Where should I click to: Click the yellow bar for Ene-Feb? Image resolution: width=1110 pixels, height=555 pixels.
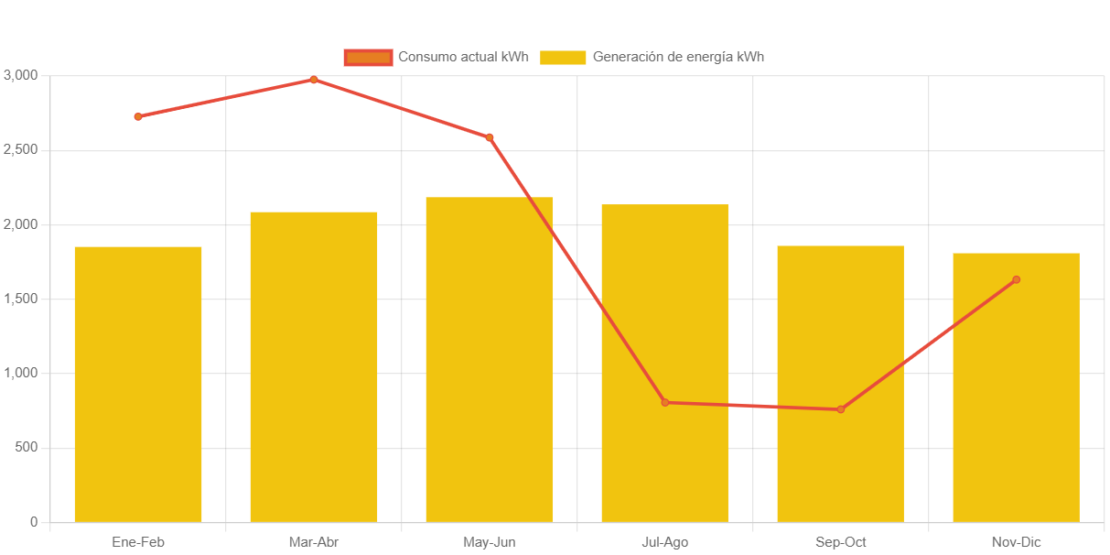coord(138,385)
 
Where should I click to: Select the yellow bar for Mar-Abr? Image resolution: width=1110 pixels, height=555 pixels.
coord(314,366)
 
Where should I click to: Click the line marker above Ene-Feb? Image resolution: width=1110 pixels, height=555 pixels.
coord(138,116)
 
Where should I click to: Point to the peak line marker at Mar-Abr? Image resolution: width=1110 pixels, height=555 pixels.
coord(314,80)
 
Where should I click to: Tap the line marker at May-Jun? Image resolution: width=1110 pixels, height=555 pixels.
coord(490,137)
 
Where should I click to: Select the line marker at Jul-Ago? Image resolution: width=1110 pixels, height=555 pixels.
coord(665,402)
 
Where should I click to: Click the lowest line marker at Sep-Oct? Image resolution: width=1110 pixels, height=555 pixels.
coord(841,409)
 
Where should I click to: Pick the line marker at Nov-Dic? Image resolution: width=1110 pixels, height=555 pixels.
coord(1016,279)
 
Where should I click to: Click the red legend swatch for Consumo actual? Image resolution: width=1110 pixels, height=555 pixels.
coord(368,58)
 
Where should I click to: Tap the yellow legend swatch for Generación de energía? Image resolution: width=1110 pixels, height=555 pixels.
coord(563,58)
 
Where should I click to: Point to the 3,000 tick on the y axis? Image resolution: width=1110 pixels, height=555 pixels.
coord(20,74)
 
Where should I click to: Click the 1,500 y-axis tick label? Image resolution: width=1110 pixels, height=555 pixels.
coord(20,299)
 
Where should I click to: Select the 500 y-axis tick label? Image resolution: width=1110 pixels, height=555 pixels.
coord(25,447)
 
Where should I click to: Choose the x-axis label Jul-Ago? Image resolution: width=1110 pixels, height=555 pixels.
coord(665,542)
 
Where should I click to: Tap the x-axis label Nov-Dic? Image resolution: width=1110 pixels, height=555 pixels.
coord(1016,542)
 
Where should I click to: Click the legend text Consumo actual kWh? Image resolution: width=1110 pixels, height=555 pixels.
coord(463,58)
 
